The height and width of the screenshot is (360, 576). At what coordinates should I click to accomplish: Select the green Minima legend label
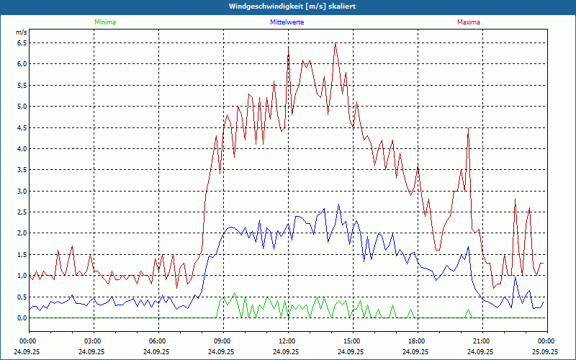click(104, 22)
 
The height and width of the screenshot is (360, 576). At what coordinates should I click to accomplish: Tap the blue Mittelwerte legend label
click(287, 22)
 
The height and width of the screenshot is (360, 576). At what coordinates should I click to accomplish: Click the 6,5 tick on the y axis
click(21, 42)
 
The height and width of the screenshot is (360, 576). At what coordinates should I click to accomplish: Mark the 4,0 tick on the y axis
click(21, 148)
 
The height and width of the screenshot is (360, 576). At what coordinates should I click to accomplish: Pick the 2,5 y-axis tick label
click(21, 212)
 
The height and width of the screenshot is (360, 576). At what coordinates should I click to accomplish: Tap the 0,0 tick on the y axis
click(21, 318)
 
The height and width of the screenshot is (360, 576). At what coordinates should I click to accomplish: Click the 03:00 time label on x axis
click(93, 341)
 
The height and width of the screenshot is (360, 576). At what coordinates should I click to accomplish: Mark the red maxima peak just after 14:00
click(335, 44)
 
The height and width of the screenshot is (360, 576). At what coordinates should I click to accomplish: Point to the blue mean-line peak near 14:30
click(339, 204)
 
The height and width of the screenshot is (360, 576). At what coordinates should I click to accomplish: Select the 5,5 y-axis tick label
click(21, 85)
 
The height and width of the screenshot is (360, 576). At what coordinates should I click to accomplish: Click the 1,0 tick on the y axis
click(21, 276)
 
